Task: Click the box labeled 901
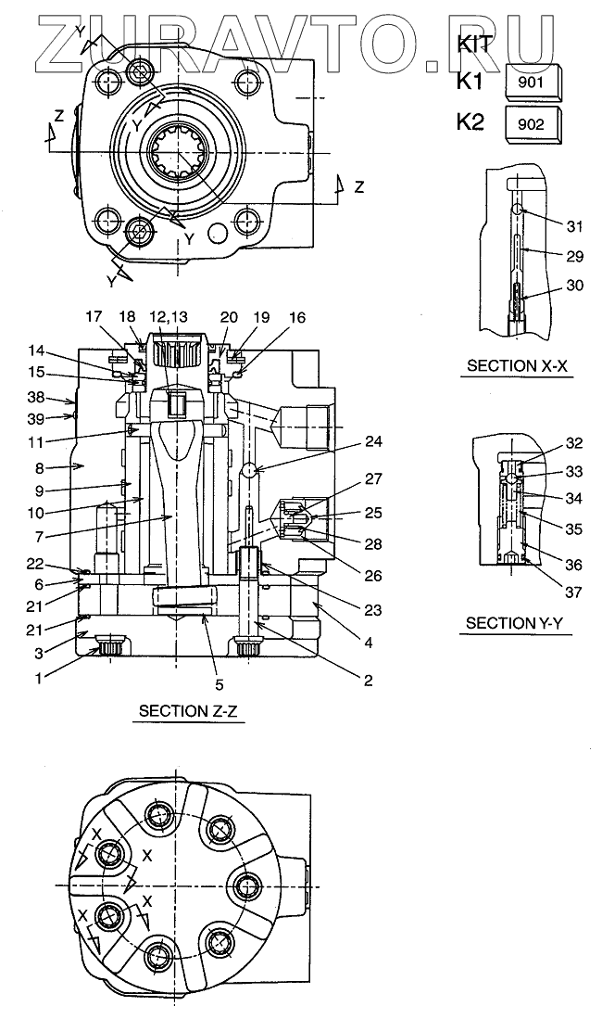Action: (x=533, y=83)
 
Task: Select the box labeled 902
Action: (x=533, y=124)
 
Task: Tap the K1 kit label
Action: (x=470, y=81)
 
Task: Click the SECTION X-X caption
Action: (x=517, y=366)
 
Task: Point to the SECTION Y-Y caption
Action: (x=514, y=624)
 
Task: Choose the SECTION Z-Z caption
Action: (x=188, y=711)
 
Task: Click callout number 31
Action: (x=575, y=226)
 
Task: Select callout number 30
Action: (x=575, y=286)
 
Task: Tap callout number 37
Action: (x=573, y=592)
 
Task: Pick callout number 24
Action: (x=373, y=442)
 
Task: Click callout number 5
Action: (x=219, y=683)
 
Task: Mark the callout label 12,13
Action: (x=169, y=316)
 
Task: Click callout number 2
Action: (x=369, y=681)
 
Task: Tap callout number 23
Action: (x=373, y=609)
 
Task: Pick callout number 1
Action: (x=38, y=678)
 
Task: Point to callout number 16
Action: (x=296, y=317)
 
